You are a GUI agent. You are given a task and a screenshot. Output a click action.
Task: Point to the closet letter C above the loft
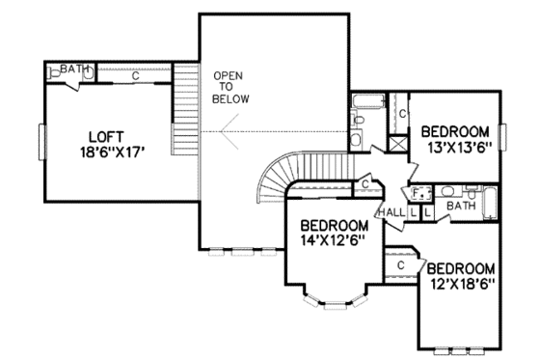(135, 76)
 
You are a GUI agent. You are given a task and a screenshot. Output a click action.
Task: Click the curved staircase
(276, 175)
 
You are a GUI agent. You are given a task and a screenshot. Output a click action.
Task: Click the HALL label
(391, 211)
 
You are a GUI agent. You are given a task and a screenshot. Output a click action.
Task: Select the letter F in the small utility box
(415, 192)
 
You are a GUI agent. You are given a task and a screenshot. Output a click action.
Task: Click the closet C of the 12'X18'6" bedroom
(399, 263)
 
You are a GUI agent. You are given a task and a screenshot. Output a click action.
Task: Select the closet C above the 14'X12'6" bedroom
(366, 183)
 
